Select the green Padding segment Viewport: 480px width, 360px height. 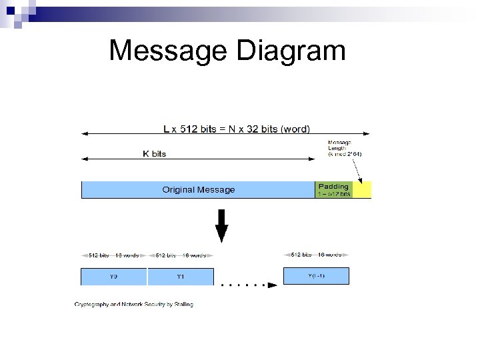(x=333, y=190)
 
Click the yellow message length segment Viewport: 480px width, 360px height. (x=362, y=190)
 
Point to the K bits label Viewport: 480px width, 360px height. (x=155, y=153)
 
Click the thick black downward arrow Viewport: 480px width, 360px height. (x=221, y=225)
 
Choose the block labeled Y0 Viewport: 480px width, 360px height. (x=113, y=277)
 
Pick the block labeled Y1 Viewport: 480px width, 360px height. (x=181, y=277)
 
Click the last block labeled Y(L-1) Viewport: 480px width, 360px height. (x=316, y=276)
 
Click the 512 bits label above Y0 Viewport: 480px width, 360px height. (x=99, y=255)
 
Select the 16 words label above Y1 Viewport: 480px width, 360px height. (x=194, y=255)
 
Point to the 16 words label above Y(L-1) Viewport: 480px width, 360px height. (x=330, y=254)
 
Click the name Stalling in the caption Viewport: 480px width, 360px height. (x=181, y=305)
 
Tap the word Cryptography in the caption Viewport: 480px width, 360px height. (x=92, y=305)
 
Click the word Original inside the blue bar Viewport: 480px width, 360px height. (x=179, y=190)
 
